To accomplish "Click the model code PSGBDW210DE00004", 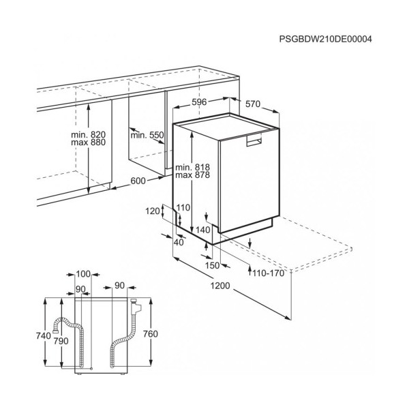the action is point(326,39).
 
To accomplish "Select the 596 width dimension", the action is point(199,102).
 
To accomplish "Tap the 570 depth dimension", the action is point(253,104).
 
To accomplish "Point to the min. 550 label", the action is point(147,135).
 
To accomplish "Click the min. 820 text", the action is point(89,134).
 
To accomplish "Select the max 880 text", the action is point(89,142).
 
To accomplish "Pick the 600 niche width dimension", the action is point(138,181).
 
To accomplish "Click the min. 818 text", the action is point(192,167).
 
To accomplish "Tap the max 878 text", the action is point(192,175).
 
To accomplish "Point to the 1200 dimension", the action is point(220,286).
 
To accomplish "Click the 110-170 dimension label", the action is point(268,273).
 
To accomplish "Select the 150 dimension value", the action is point(213,265).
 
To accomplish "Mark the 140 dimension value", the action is point(203,230).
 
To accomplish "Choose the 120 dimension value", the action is point(153,211).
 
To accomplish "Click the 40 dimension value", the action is point(179,242).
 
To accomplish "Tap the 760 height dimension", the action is point(151,334).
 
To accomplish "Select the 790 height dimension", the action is point(61,341).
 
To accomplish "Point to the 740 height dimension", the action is point(44,335).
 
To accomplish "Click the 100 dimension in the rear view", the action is point(83,274).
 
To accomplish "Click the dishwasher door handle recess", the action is point(254,140).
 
